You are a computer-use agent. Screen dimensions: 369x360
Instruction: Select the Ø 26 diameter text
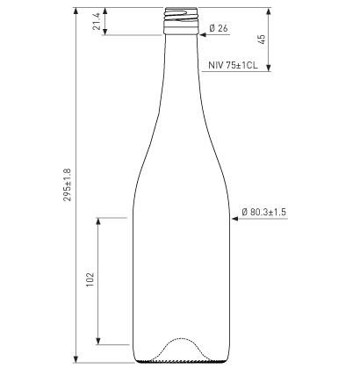[220, 30]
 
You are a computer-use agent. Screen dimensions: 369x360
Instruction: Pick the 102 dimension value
[90, 280]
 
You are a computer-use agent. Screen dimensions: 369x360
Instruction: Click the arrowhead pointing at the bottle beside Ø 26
[204, 30]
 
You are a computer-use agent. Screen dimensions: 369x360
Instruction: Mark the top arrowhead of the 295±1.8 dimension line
[77, 12]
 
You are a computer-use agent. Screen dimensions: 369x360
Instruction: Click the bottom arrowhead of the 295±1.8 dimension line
[77, 358]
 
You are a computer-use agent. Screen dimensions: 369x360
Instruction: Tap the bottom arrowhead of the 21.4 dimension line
[105, 32]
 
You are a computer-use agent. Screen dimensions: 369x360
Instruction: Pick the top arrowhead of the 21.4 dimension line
[105, 12]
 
